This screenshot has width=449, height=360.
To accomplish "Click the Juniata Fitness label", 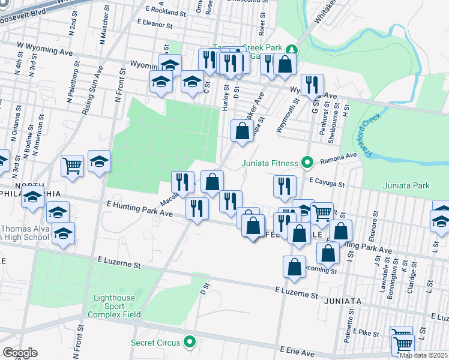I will pyautogui.click(x=270, y=163).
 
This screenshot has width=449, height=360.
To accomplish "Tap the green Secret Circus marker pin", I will pyautogui.click(x=191, y=343).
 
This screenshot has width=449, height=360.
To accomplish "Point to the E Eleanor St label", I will pyautogui.click(x=154, y=25).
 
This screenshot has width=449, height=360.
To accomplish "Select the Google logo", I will pyautogui.click(x=20, y=353).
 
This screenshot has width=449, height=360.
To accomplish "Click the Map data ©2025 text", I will pyautogui.click(x=423, y=355).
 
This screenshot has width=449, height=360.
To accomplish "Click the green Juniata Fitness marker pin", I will pyautogui.click(x=307, y=163).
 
